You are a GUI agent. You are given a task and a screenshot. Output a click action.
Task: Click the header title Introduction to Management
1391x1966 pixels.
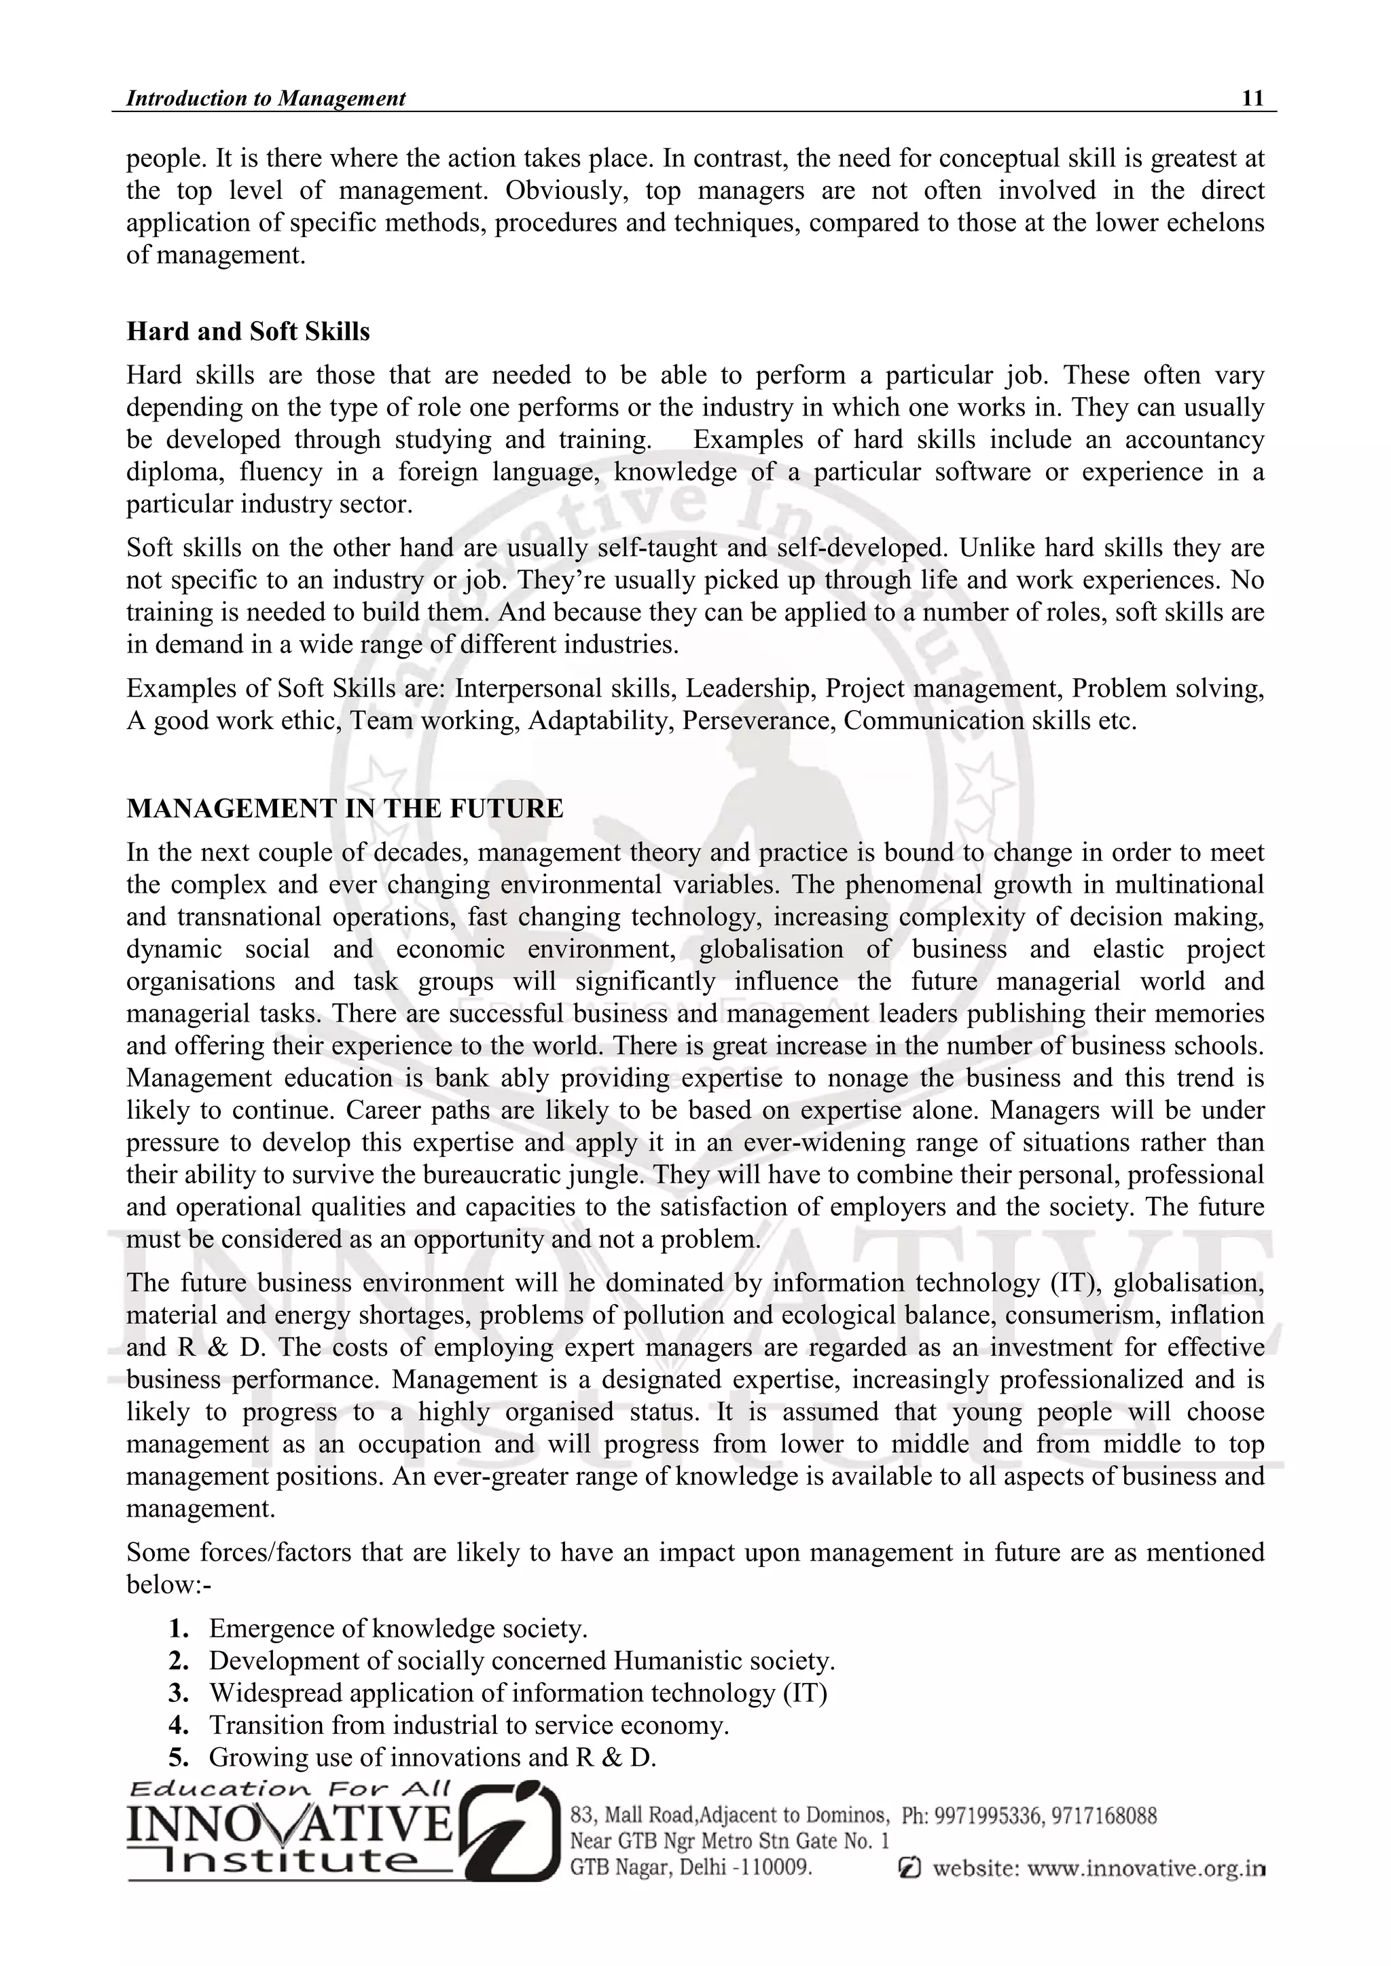point(266,98)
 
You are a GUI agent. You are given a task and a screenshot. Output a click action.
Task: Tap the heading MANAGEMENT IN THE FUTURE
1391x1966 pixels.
point(344,809)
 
